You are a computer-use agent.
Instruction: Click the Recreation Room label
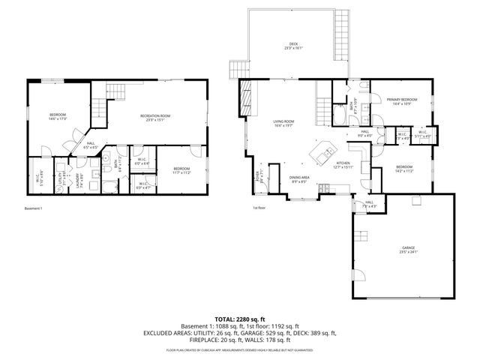coord(155,117)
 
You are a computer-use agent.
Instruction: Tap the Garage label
coord(408,249)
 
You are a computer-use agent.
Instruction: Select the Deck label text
coord(289,46)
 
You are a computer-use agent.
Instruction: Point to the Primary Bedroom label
coord(401,101)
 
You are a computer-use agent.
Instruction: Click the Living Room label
coord(283,123)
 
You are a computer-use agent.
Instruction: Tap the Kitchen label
coord(343,164)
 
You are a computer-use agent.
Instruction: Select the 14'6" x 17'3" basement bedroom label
coord(58,116)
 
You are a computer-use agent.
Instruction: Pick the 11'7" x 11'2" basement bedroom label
coord(181,170)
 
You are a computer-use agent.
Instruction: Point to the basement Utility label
coord(60,180)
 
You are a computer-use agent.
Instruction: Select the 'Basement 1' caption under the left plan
coord(34,208)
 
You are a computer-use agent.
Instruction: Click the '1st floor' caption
coord(259,208)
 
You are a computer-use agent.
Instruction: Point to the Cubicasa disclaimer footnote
coord(240,349)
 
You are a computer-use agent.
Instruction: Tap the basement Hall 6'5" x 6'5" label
coord(89,145)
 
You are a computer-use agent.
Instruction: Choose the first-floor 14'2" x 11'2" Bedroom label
coord(403,169)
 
